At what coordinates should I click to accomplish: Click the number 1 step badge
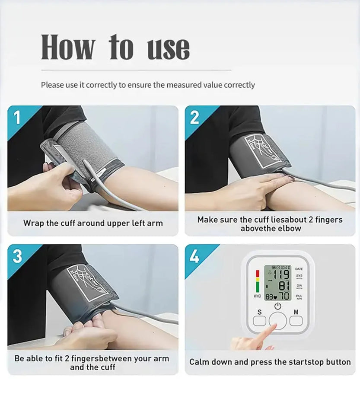[x=18, y=118]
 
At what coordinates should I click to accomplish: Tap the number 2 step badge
[x=195, y=118]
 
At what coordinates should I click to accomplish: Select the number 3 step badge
[x=17, y=256]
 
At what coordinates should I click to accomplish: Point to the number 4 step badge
[x=195, y=257]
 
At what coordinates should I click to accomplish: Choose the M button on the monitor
[x=296, y=320]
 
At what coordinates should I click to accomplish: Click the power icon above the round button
[x=277, y=306]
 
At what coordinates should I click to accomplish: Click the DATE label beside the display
[x=299, y=269]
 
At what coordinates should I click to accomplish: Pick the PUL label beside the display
[x=299, y=296]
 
